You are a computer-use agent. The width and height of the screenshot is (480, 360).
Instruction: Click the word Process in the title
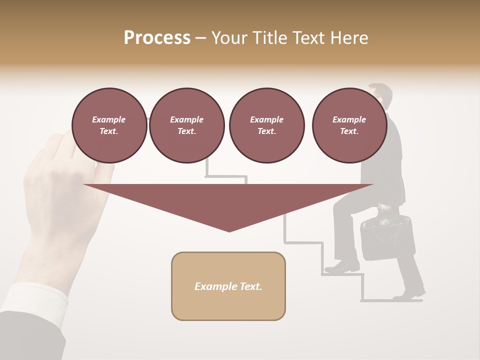(157, 38)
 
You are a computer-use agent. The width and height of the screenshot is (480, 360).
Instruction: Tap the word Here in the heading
(349, 38)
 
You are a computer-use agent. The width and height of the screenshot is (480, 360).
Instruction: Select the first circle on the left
(109, 125)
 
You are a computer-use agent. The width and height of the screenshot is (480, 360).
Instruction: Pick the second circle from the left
(186, 125)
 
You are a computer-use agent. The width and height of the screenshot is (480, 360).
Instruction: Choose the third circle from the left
(266, 125)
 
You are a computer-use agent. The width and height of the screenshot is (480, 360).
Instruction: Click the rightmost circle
(349, 125)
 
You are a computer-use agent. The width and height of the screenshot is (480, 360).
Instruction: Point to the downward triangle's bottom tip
(229, 230)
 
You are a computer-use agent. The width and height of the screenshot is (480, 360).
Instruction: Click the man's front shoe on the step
(341, 267)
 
